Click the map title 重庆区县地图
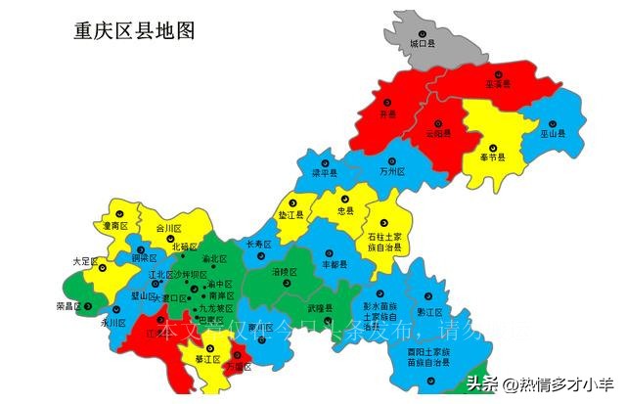coord(134,30)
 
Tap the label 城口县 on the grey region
coord(421,45)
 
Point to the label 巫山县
coord(555,133)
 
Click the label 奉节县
coord(493,157)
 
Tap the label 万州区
coord(390,171)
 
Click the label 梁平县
coord(325,173)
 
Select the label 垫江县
coord(291,214)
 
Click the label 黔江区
coord(429,313)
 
